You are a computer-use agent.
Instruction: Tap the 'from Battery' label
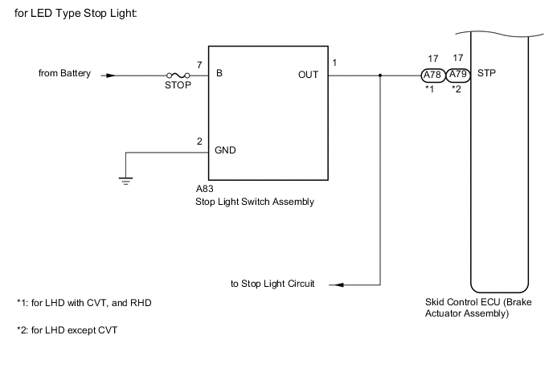click(65, 75)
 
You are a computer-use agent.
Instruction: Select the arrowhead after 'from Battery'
click(110, 76)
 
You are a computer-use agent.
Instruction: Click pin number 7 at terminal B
click(199, 63)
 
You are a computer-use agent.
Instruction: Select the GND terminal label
click(225, 150)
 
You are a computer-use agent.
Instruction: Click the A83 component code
click(203, 190)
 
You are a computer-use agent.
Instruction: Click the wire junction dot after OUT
click(379, 76)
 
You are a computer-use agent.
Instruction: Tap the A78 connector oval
click(432, 76)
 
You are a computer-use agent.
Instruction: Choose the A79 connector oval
click(458, 76)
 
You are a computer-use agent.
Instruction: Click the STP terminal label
click(487, 75)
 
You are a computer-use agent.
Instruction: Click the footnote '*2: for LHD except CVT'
click(67, 330)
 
